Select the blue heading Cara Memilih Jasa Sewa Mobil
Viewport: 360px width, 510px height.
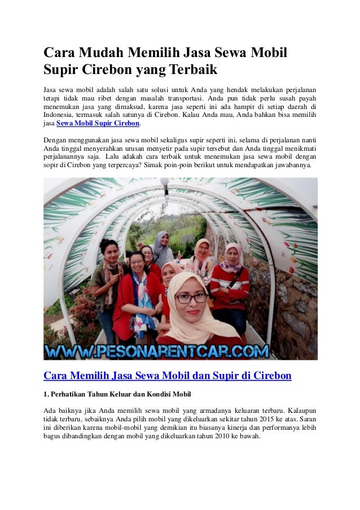167,375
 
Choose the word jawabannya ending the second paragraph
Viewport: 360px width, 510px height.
296,167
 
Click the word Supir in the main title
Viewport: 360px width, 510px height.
63,71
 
